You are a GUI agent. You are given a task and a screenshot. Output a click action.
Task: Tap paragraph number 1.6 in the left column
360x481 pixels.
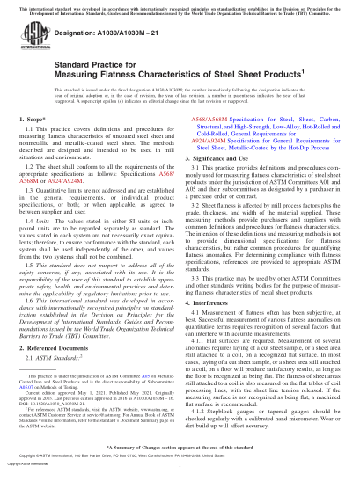coord(36,303)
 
